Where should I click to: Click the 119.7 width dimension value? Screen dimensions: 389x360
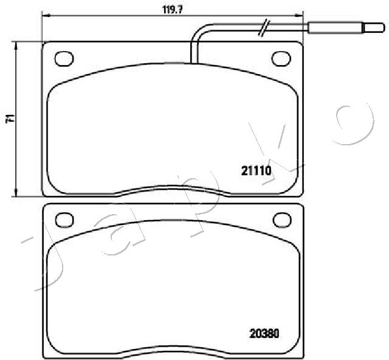coord(173,10)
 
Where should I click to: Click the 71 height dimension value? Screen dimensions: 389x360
coord(10,119)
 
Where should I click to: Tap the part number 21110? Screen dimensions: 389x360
coord(256,171)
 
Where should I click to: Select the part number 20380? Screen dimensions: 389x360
coord(264,333)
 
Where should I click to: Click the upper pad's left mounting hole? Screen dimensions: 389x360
coord(64,59)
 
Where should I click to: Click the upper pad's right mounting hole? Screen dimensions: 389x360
coord(281,59)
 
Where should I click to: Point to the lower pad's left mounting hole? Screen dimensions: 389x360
coord(64,220)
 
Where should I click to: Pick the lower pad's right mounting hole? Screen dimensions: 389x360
coord(282,220)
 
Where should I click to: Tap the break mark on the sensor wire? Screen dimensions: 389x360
coord(263,27)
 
